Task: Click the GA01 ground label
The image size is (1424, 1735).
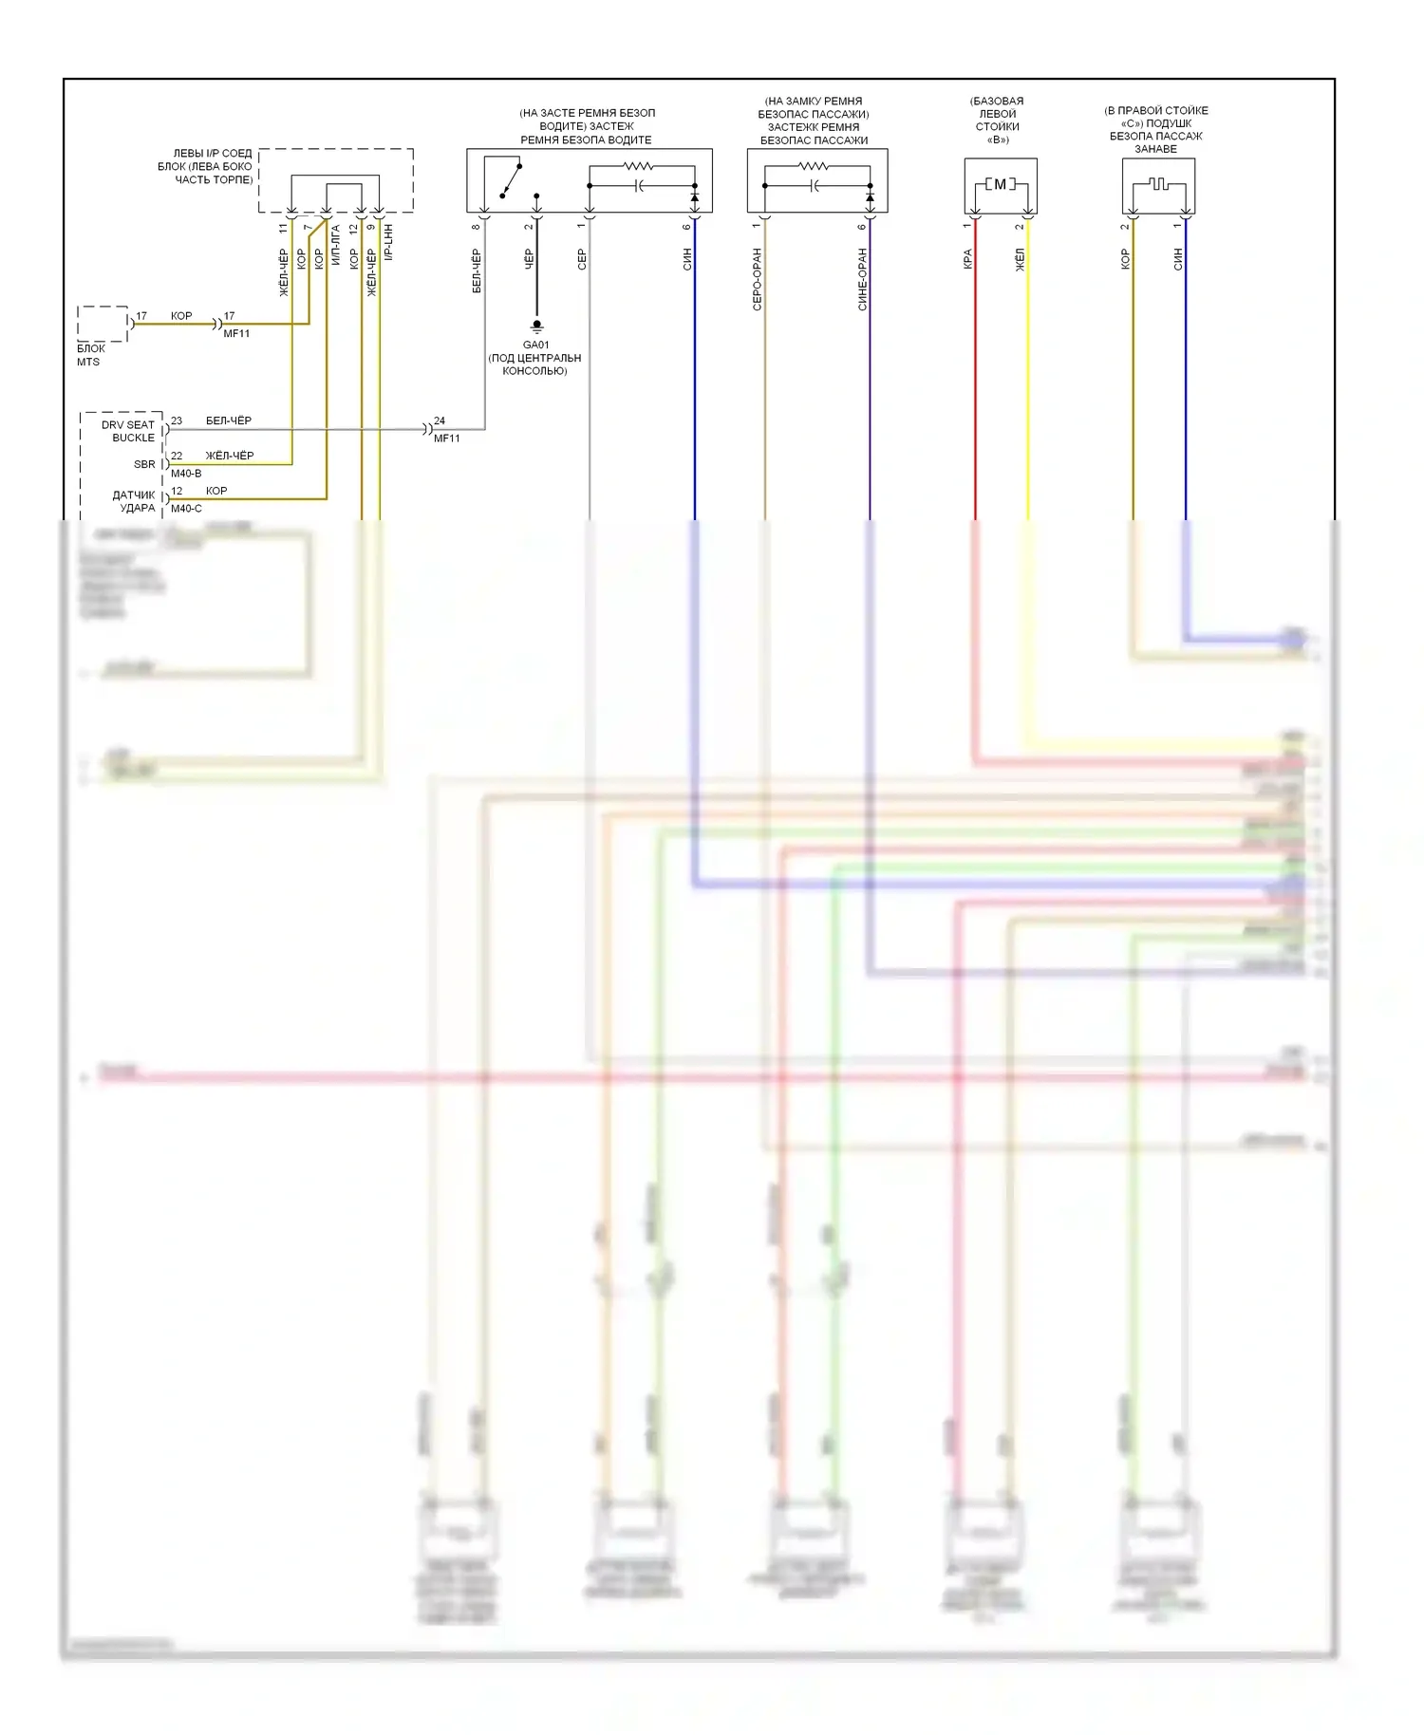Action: (535, 345)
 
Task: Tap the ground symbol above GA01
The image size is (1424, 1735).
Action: (536, 326)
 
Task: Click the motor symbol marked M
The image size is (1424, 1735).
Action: (1000, 184)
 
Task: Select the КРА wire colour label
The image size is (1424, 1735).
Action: (967, 259)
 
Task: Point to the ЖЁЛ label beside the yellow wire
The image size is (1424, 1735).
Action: (1020, 259)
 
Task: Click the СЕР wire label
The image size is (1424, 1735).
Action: (582, 259)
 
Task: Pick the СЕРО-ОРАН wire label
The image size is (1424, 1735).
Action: (757, 279)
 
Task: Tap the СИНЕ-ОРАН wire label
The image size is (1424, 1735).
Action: (862, 279)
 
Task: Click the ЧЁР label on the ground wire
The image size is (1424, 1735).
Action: (529, 259)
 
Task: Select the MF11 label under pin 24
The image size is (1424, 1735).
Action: (447, 438)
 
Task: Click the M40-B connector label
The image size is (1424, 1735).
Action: (186, 473)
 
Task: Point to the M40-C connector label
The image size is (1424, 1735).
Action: (186, 508)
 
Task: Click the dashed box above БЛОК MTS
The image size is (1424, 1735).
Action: (103, 324)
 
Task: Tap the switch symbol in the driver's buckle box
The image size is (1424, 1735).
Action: (511, 181)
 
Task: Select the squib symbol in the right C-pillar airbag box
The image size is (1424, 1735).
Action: (1157, 183)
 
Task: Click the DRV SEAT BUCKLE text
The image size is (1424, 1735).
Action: (128, 431)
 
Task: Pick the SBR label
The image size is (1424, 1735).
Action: (144, 464)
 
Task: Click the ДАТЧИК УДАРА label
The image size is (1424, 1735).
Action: (134, 501)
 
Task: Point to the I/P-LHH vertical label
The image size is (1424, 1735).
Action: (388, 243)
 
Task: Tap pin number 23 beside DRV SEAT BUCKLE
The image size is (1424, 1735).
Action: (177, 420)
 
